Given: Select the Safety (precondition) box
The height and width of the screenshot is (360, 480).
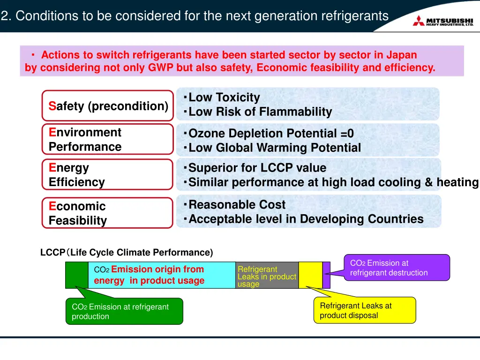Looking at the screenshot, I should [108, 106].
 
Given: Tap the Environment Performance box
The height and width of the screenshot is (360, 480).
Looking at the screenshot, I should [108, 139].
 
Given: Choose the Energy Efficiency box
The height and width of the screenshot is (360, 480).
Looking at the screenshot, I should [108, 174].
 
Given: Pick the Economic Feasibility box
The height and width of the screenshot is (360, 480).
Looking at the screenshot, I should [108, 213].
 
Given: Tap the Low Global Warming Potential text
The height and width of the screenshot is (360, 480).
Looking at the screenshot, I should [274, 148].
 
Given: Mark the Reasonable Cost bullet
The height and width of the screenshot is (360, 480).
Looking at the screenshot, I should [237, 205].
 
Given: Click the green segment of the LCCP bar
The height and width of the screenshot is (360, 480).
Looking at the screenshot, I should [76, 275].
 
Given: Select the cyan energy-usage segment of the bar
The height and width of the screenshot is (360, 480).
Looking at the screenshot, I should [162, 275].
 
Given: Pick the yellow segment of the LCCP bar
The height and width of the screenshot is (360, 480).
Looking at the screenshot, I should [310, 275].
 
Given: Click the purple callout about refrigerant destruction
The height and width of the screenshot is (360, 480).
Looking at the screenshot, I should [397, 268].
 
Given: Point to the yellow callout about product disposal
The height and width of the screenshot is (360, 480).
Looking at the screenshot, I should [364, 310].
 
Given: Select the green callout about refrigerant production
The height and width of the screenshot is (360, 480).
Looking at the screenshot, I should [124, 311].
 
